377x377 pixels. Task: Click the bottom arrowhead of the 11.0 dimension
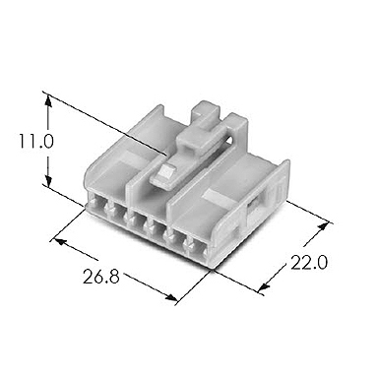(x=47, y=184)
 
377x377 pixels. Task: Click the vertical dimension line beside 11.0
(x=47, y=141)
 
